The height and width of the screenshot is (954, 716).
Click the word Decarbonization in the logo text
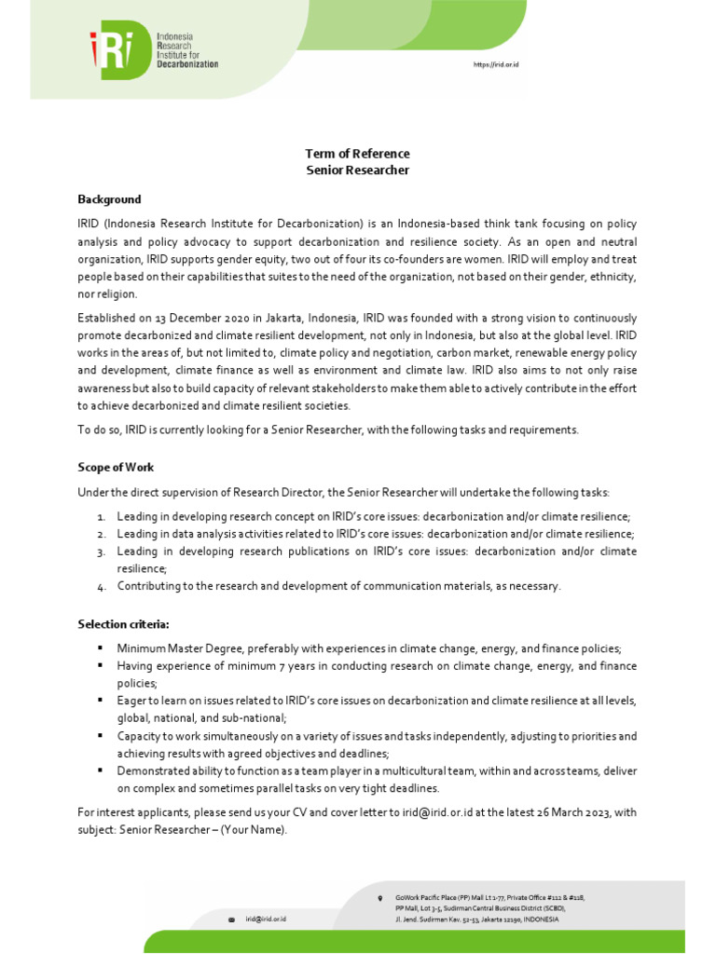click(x=187, y=64)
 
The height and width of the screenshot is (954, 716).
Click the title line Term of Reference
click(x=358, y=154)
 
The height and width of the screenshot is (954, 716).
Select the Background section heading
click(x=109, y=199)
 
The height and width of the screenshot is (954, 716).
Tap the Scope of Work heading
click(x=115, y=467)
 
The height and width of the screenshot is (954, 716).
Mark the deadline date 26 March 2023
click(x=568, y=812)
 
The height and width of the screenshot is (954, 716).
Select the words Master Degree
click(x=190, y=648)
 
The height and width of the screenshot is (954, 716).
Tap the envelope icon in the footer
click(x=232, y=920)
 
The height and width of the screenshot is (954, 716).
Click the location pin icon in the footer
click(x=380, y=898)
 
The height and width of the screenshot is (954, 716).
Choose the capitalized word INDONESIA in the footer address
click(x=541, y=920)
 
